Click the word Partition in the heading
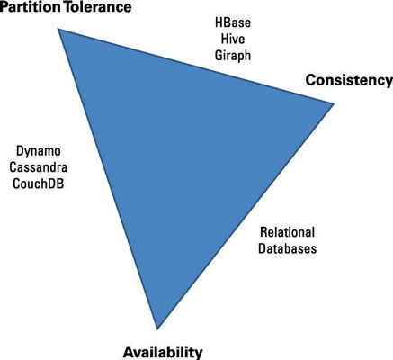tap(31, 7)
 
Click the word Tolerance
tap(98, 7)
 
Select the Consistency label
tap(349, 81)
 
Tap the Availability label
tap(163, 352)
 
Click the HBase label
tap(233, 22)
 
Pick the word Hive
tap(233, 39)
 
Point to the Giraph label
tap(233, 56)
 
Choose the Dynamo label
tap(39, 151)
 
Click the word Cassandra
tap(39, 167)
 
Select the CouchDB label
tap(39, 184)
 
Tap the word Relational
tap(288, 232)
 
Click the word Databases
tap(288, 248)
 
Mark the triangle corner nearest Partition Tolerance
tap(58, 29)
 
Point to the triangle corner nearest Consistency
tap(334, 103)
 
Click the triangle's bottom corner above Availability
tap(157, 329)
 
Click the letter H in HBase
tap(219, 22)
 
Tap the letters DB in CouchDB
tap(57, 184)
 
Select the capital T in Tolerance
tap(68, 7)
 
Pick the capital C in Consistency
tap(311, 81)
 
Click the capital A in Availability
tap(129, 352)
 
